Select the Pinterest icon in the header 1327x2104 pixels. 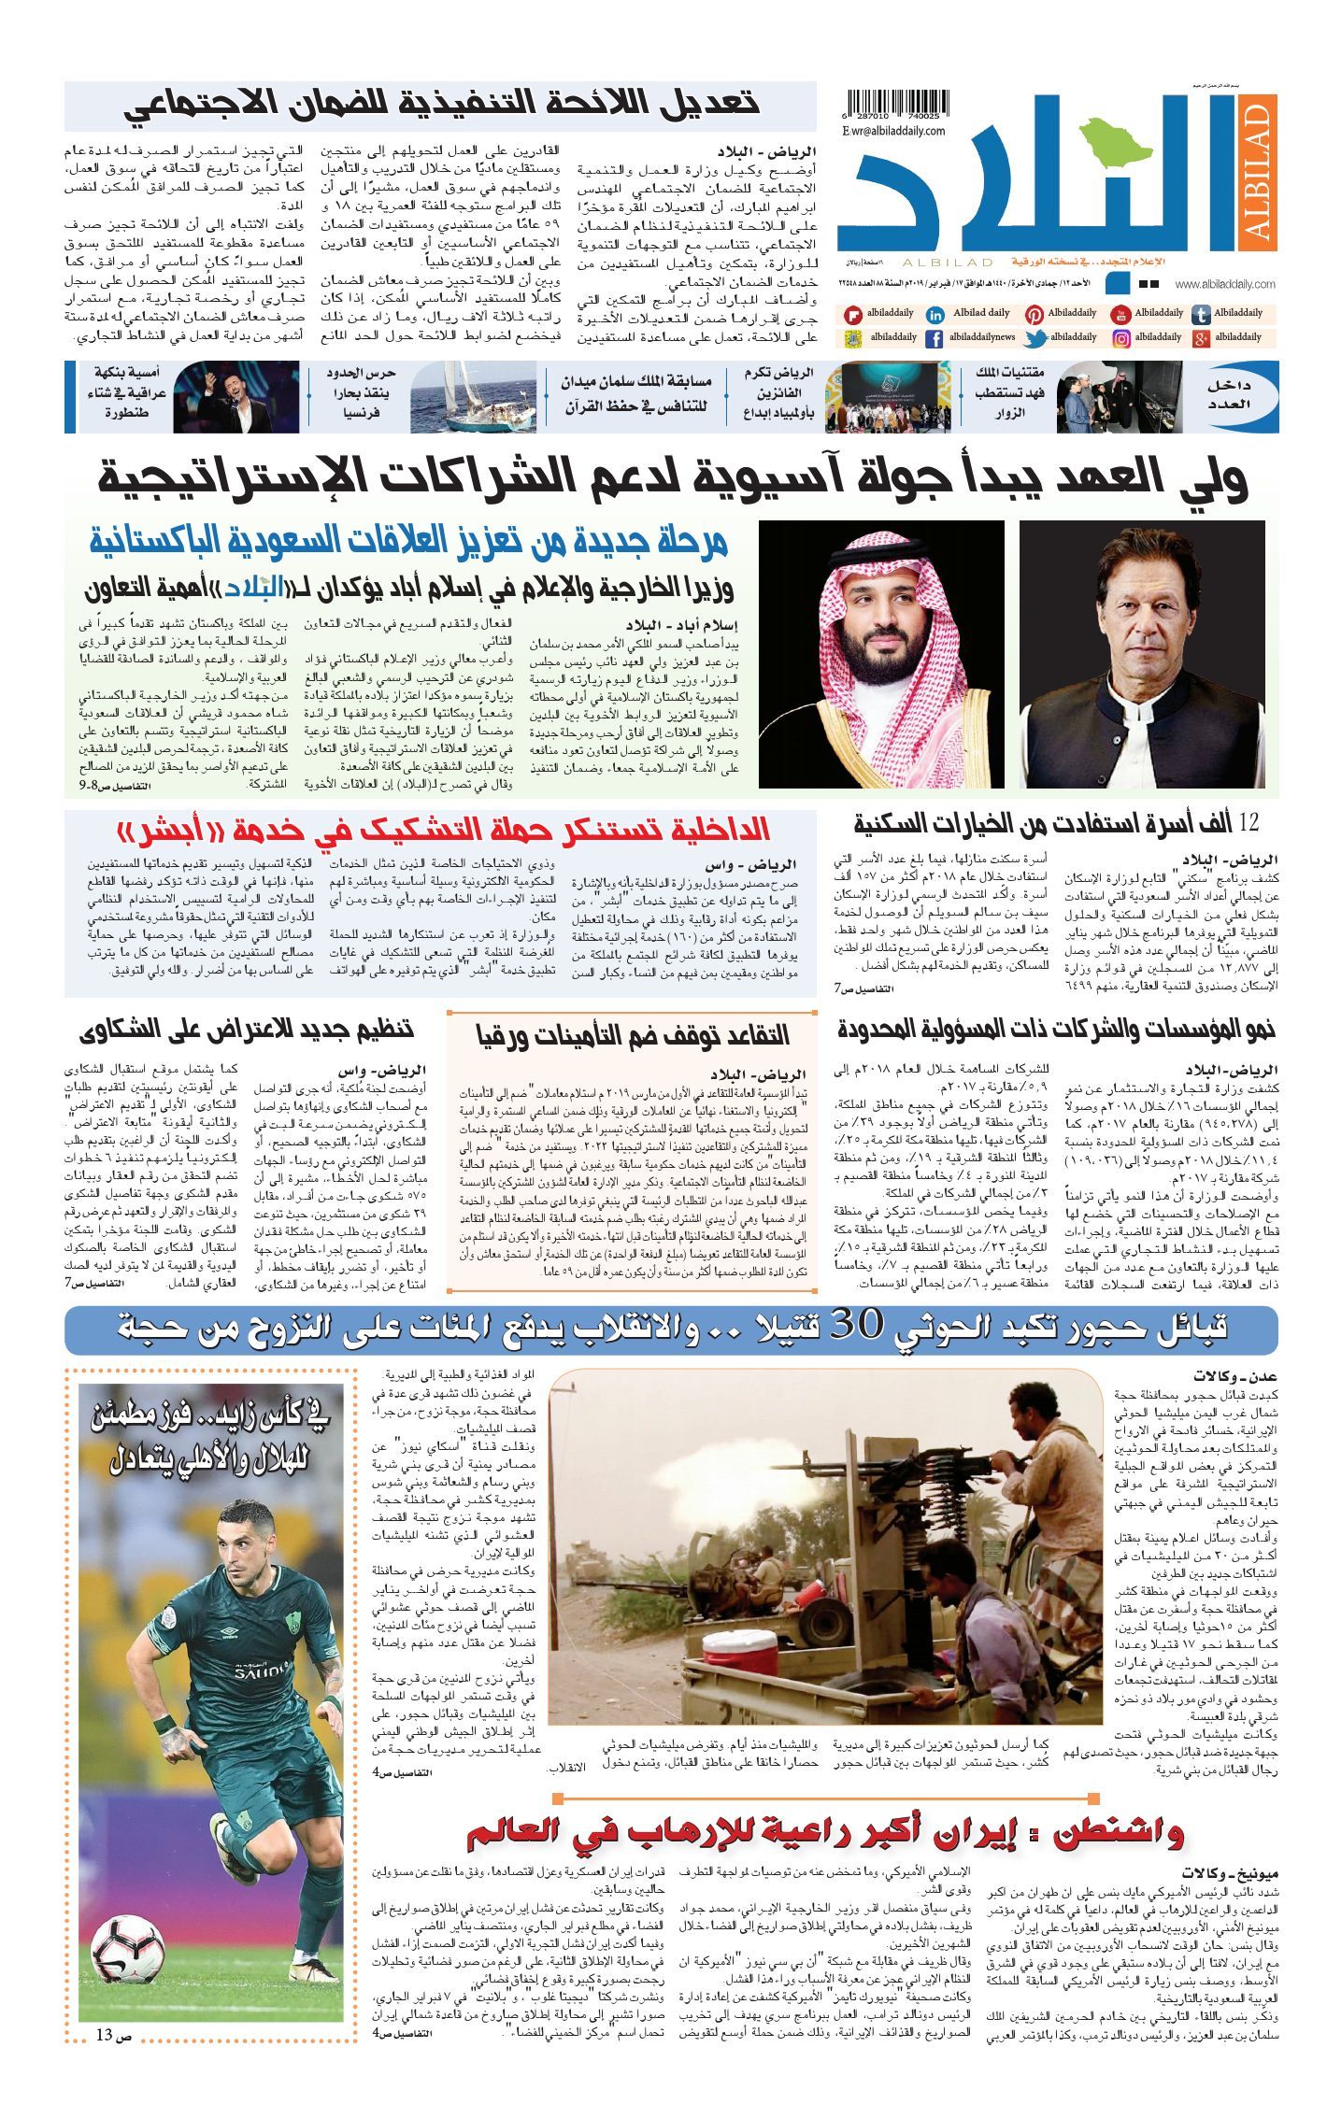click(x=1034, y=315)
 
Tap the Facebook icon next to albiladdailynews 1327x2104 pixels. click(x=934, y=338)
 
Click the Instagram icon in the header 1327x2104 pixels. click(x=1121, y=338)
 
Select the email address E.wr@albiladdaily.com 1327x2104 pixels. click(x=893, y=132)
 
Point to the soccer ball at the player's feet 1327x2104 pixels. click(x=127, y=1945)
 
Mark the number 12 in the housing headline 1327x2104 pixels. click(x=1249, y=823)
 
